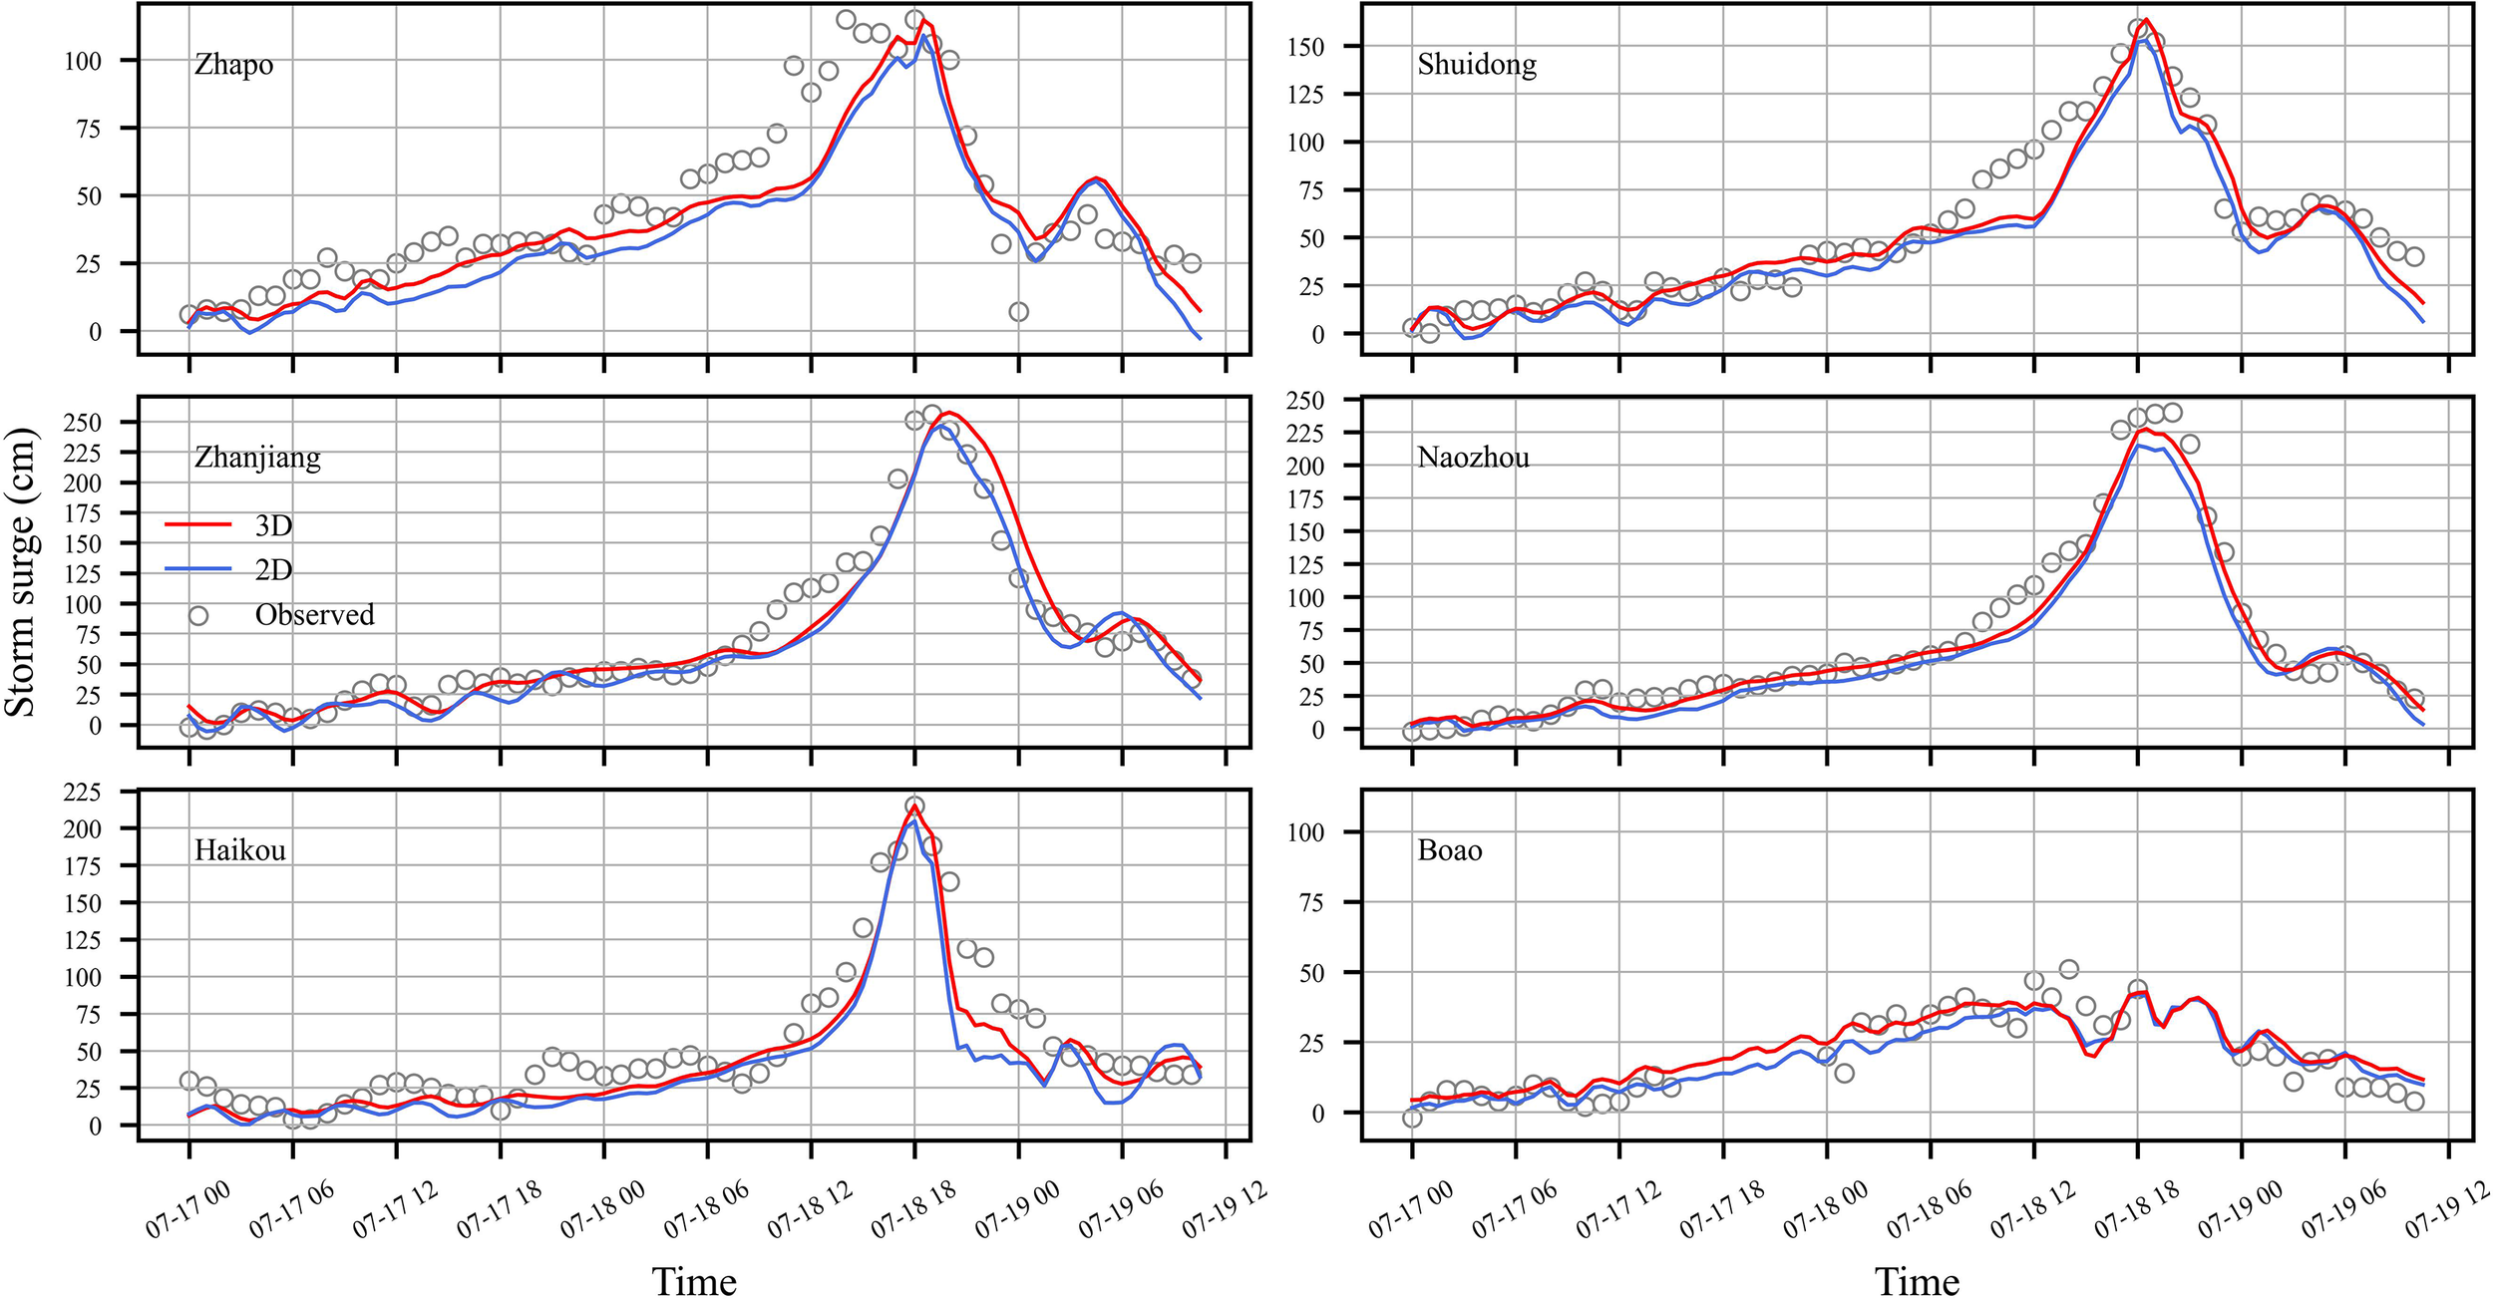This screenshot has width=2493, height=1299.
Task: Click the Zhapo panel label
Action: pos(233,65)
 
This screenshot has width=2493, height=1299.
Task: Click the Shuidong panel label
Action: pos(1476,65)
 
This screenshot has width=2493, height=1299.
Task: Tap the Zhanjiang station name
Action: pos(257,458)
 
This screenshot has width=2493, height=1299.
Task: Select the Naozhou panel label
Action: pos(1473,458)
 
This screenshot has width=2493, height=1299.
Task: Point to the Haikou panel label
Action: pos(239,850)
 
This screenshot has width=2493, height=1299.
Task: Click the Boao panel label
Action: pos(1449,850)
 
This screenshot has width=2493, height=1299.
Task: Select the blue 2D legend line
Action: pos(197,569)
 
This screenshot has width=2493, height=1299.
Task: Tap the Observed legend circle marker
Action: pos(198,615)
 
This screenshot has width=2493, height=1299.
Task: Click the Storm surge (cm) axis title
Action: pos(20,572)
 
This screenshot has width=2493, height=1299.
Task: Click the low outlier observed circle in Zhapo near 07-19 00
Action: pos(1018,312)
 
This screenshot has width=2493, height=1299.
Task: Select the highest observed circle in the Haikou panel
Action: pos(914,806)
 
